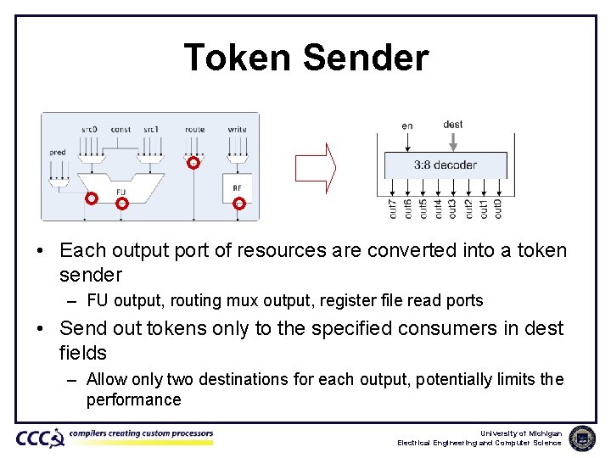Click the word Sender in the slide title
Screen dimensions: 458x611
click(365, 59)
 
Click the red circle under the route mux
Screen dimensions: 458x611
click(193, 163)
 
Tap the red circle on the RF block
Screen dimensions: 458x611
click(239, 203)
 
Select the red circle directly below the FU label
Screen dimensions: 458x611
click(121, 204)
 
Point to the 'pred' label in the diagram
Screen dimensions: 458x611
click(57, 153)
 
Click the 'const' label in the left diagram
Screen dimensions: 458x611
click(121, 130)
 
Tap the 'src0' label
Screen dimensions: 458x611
click(89, 130)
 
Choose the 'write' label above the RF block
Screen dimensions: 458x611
click(238, 130)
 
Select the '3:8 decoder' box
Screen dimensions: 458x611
click(445, 165)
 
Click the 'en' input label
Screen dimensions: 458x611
click(407, 126)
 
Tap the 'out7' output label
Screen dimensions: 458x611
click(392, 208)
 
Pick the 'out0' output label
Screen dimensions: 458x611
click(498, 208)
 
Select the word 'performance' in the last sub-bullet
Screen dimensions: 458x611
click(133, 399)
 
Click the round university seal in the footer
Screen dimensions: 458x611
click(582, 438)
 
